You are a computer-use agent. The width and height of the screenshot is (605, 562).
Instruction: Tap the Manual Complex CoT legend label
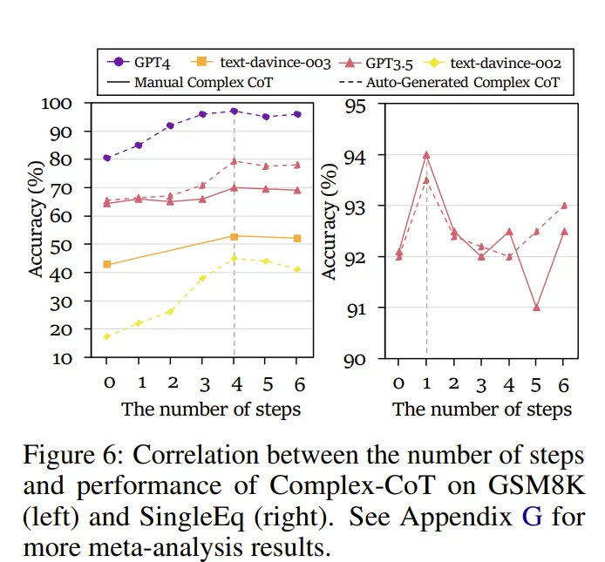click(x=194, y=83)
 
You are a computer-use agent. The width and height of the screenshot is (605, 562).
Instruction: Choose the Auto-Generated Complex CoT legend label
click(x=463, y=83)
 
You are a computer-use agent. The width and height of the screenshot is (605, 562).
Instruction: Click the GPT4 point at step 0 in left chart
click(x=107, y=158)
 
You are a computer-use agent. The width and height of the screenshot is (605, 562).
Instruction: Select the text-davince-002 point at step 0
click(x=107, y=336)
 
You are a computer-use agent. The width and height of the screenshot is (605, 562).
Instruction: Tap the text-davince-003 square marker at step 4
click(x=234, y=236)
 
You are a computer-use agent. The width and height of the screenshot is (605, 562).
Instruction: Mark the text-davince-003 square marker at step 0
click(x=107, y=264)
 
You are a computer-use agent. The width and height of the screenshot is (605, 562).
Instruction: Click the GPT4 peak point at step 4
click(x=234, y=112)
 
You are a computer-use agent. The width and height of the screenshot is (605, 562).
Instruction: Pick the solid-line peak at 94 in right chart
click(x=426, y=155)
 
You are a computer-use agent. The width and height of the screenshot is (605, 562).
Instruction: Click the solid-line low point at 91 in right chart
click(x=536, y=308)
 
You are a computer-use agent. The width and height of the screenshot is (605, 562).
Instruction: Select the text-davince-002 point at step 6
click(x=297, y=269)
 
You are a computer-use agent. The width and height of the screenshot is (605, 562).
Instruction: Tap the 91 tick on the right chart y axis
click(x=356, y=308)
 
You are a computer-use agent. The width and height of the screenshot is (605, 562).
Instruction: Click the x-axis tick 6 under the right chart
click(x=563, y=383)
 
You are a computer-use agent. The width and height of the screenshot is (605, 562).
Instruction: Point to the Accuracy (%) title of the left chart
click(x=37, y=229)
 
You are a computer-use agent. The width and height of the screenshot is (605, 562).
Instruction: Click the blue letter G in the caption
click(x=533, y=517)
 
